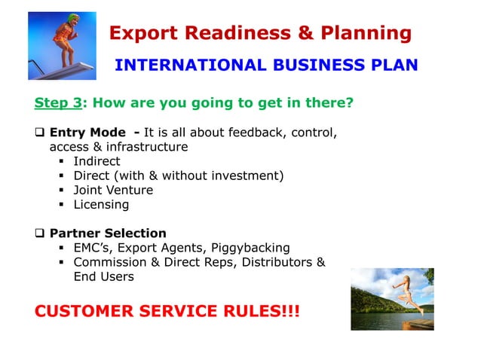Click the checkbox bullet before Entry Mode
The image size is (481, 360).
[40, 133]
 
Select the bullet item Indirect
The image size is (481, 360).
[97, 161]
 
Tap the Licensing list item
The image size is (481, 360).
[101, 204]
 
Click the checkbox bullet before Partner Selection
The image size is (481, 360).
[40, 233]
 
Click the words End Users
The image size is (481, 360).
[103, 276]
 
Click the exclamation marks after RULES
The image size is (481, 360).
[290, 310]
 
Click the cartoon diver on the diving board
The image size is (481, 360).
[60, 41]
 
